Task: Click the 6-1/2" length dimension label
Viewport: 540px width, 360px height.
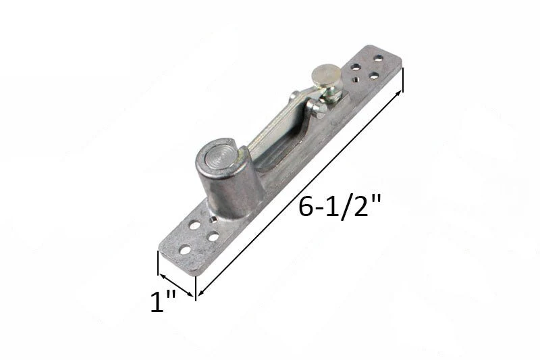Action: (340, 207)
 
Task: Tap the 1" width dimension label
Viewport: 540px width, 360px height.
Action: (163, 301)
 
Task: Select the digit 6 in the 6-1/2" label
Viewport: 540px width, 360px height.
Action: (306, 207)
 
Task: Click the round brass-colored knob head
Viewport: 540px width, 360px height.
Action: (325, 76)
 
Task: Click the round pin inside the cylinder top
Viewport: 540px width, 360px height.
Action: (220, 159)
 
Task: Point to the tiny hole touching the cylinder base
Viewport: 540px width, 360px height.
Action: (213, 220)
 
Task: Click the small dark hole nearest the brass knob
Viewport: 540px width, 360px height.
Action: (355, 80)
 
